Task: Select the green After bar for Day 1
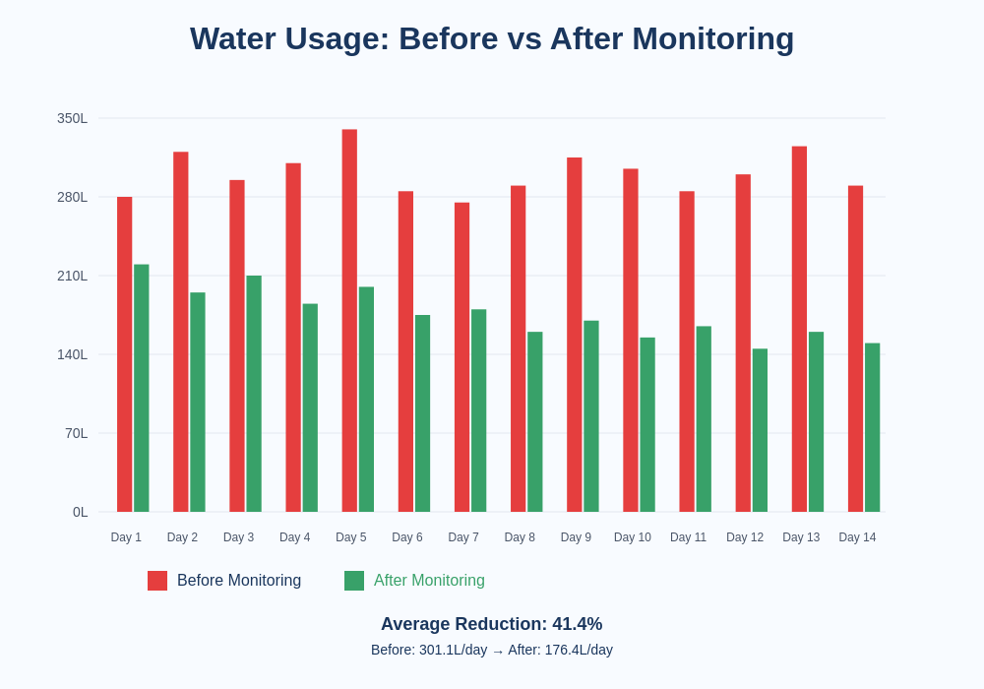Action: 142,388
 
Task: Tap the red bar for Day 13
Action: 799,329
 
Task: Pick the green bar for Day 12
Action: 760,430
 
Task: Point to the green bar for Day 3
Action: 254,394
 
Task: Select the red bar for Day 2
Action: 181,332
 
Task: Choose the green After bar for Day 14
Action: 872,427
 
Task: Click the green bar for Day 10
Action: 647,424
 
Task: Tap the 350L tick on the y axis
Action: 72,118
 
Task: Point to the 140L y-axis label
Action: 72,354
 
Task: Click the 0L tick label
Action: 80,512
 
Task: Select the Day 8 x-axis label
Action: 520,537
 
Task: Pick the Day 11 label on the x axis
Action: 688,537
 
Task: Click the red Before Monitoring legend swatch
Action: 157,581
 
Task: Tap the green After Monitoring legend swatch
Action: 354,581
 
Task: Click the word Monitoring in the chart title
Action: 712,38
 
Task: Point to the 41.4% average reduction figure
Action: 577,624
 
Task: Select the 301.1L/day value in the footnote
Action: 453,650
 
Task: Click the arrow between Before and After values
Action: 498,651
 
